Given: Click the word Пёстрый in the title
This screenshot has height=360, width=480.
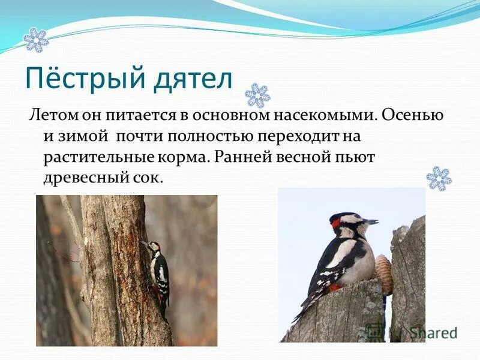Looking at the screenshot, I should pyautogui.click(x=79, y=79).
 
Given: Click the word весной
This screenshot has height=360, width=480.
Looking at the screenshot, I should pyautogui.click(x=305, y=157).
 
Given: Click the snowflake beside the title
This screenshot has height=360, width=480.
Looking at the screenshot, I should pyautogui.click(x=257, y=95).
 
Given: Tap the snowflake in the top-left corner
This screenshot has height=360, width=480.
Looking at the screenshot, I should pyautogui.click(x=35, y=40).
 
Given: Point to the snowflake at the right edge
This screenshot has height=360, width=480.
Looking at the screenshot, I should pyautogui.click(x=439, y=179).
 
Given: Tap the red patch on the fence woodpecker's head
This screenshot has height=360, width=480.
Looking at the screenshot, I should pyautogui.click(x=335, y=224).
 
